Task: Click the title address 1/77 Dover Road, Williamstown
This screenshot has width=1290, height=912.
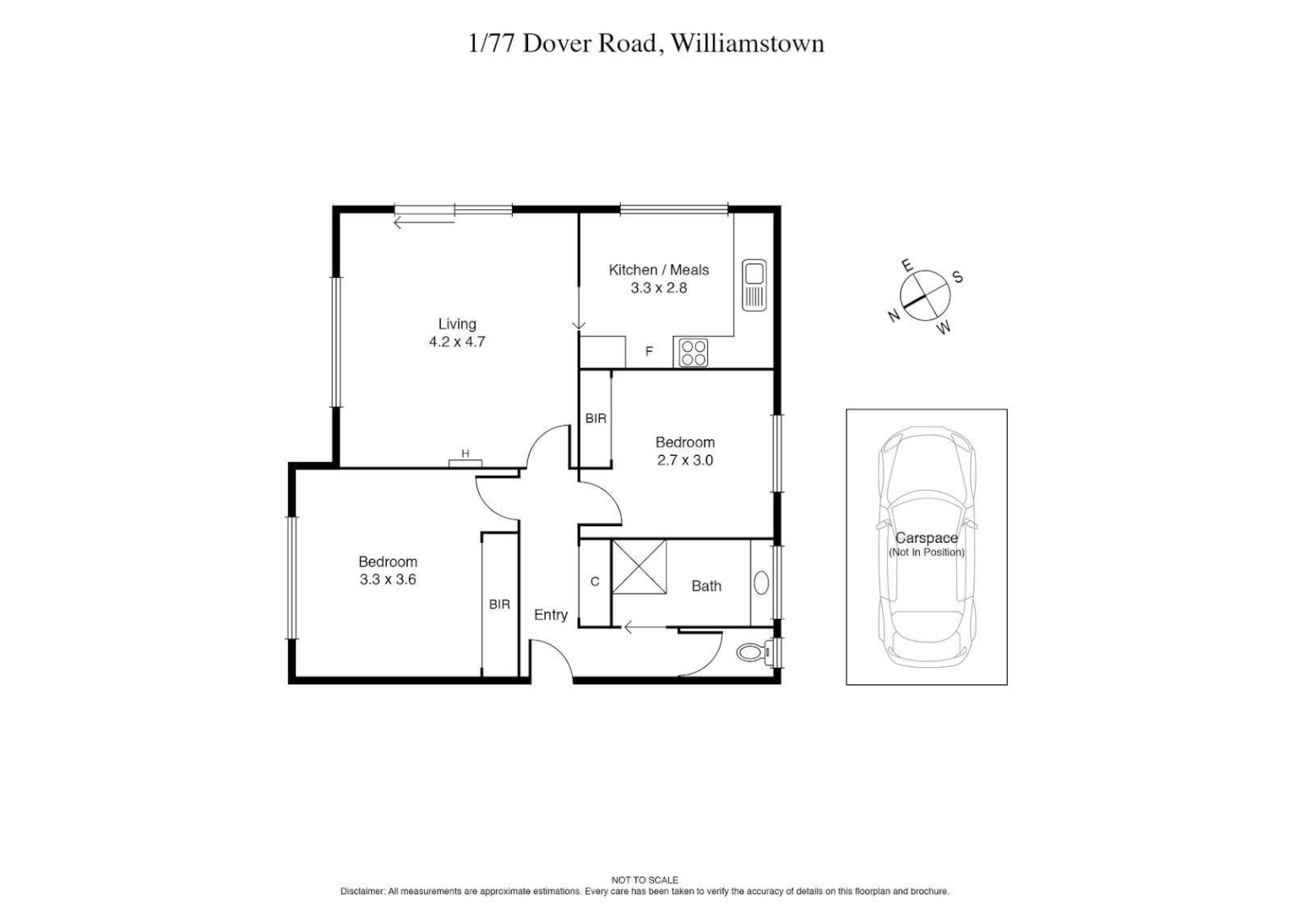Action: pyautogui.click(x=645, y=43)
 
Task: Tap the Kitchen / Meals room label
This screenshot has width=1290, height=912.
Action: pyautogui.click(x=658, y=270)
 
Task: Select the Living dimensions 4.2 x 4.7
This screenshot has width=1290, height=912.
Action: pyautogui.click(x=456, y=342)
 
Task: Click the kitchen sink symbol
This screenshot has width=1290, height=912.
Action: pyautogui.click(x=754, y=285)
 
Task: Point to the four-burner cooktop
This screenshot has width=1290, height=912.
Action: pyautogui.click(x=693, y=352)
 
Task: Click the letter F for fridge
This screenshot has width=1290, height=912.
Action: pyautogui.click(x=649, y=351)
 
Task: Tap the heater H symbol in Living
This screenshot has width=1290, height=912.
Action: pyautogui.click(x=465, y=454)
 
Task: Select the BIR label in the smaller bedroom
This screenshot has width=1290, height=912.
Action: pyautogui.click(x=596, y=418)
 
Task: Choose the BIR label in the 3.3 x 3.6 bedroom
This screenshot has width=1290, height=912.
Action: pyautogui.click(x=499, y=605)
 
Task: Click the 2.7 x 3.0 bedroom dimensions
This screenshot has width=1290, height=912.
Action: pyautogui.click(x=684, y=460)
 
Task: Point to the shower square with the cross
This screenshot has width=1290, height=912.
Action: pyautogui.click(x=639, y=567)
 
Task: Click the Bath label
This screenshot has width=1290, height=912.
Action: pyautogui.click(x=706, y=586)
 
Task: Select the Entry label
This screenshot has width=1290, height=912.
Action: pyautogui.click(x=550, y=615)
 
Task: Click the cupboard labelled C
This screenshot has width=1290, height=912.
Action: pyautogui.click(x=595, y=582)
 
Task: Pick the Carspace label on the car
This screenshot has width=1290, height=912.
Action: pyautogui.click(x=926, y=538)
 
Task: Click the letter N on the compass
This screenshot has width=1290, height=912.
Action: pyautogui.click(x=893, y=316)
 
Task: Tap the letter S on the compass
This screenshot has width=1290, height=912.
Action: pyautogui.click(x=958, y=277)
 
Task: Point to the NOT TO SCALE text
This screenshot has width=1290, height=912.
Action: pyautogui.click(x=645, y=880)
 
